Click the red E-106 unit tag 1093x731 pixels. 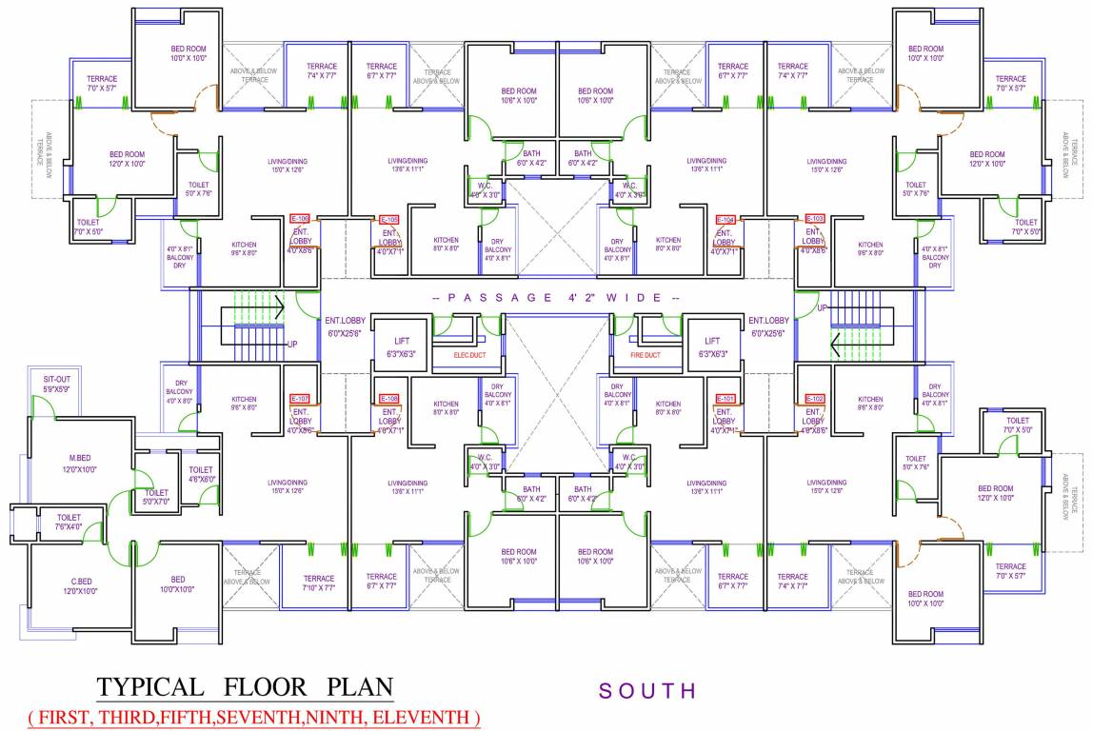point(300,218)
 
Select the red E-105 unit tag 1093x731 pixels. point(389,219)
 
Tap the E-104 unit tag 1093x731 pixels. point(725,219)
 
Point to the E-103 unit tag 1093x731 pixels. point(814,218)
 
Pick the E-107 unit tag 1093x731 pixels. point(300,398)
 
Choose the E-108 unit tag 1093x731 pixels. point(389,398)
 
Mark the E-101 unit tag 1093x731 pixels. point(725,398)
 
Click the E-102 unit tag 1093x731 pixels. point(815,398)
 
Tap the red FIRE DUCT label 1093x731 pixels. point(645,355)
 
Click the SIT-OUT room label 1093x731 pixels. point(56,379)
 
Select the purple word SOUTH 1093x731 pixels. point(647,691)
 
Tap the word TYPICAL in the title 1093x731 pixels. point(151,687)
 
